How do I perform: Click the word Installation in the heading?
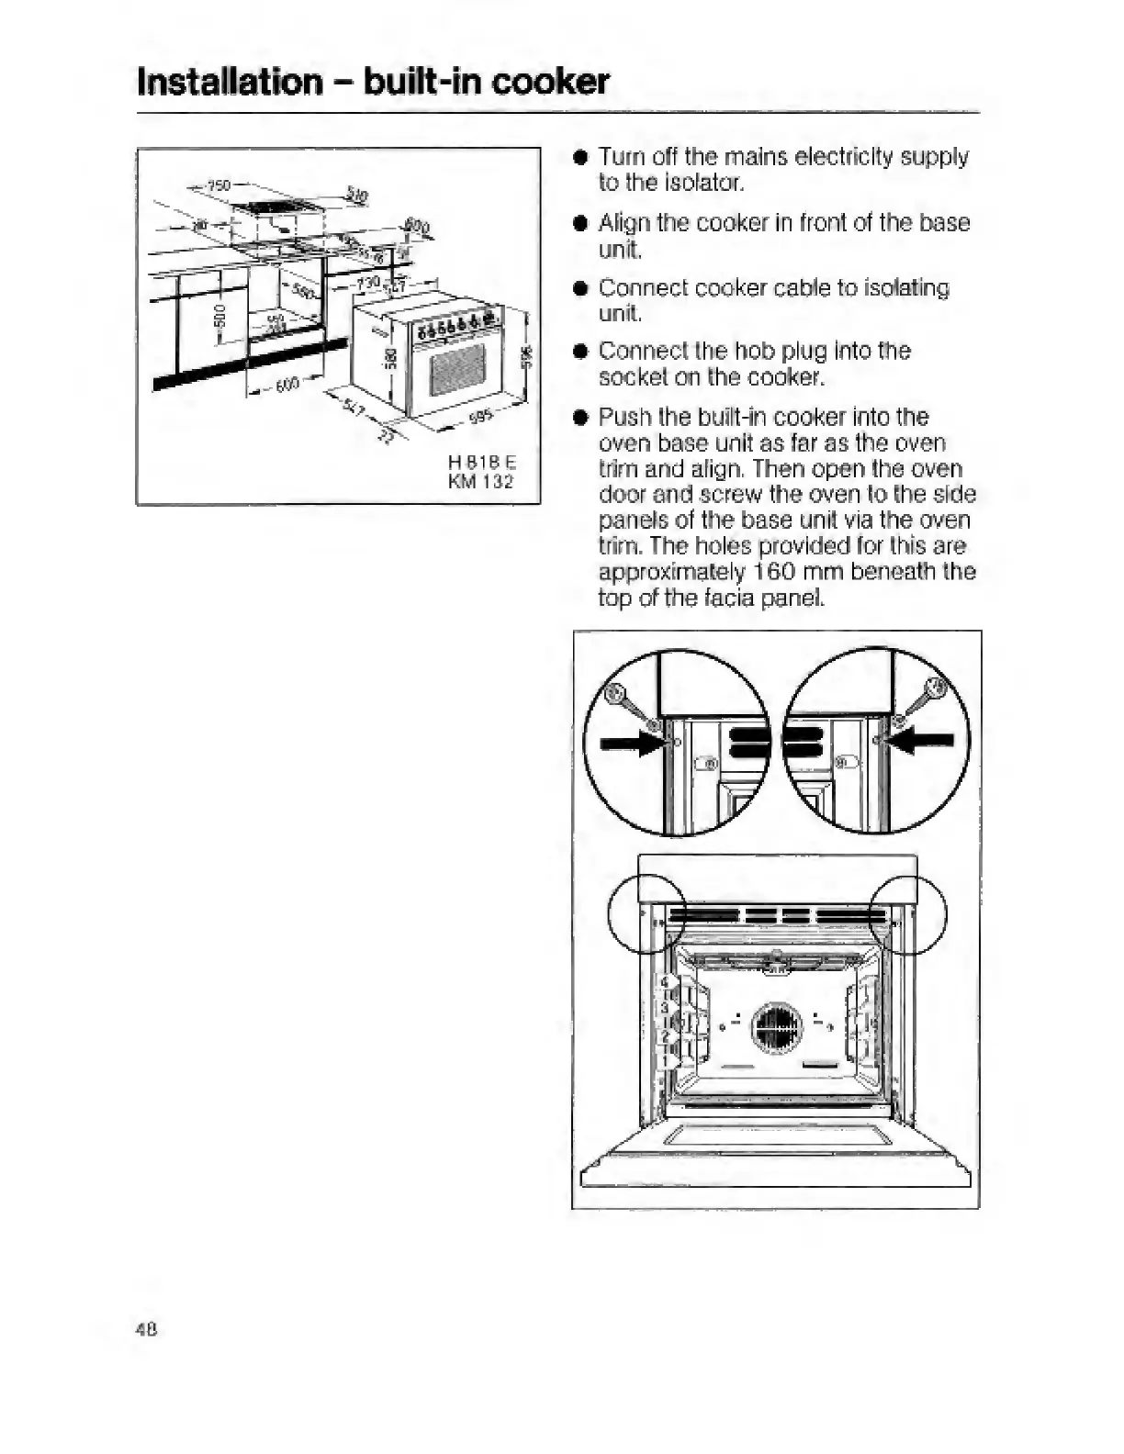click(x=230, y=82)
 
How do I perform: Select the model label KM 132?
click(x=480, y=482)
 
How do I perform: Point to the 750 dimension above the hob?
click(x=218, y=185)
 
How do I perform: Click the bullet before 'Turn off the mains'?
click(x=579, y=157)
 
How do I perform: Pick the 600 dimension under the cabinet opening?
click(x=287, y=386)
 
